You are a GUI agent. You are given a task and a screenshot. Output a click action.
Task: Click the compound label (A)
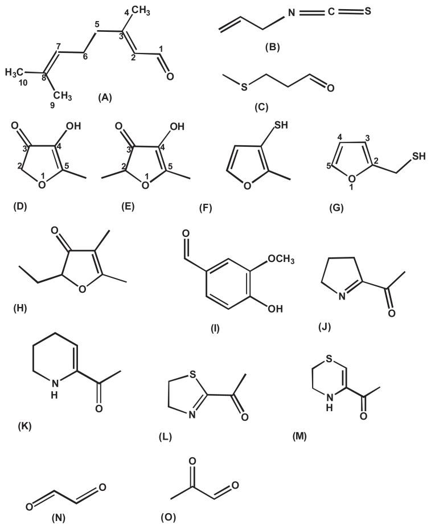[x=105, y=98]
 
